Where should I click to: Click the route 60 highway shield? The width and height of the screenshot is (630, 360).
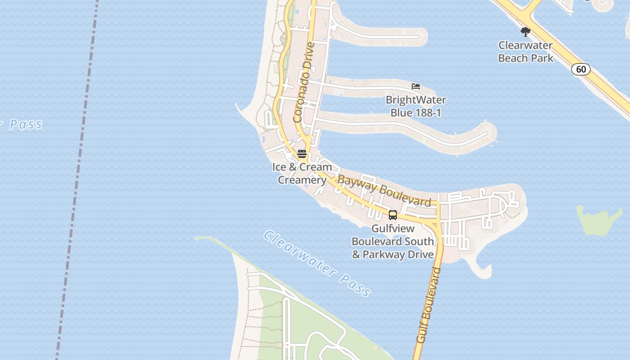point(581,69)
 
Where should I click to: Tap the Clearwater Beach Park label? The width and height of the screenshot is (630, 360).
point(526,52)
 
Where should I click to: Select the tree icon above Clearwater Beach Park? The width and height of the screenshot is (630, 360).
point(525,32)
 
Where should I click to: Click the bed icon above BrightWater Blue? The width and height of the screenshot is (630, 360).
point(416,86)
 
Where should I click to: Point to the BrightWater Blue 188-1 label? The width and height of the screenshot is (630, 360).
point(416,106)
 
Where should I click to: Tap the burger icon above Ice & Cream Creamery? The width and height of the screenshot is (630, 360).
point(302,153)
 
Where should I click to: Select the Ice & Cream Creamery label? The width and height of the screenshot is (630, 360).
point(302,173)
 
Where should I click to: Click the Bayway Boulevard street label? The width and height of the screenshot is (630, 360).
point(384,190)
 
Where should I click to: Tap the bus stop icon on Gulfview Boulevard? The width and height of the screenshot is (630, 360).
point(393,215)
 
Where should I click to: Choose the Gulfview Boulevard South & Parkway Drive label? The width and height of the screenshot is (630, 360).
point(393,241)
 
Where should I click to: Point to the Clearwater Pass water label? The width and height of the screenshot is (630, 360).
point(317,263)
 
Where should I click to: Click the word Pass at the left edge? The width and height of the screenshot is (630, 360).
point(25,124)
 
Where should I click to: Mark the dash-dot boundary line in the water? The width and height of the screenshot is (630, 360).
point(76,180)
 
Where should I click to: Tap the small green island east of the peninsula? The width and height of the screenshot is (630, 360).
point(598,220)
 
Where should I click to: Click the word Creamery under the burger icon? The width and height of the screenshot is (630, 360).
point(302,180)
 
